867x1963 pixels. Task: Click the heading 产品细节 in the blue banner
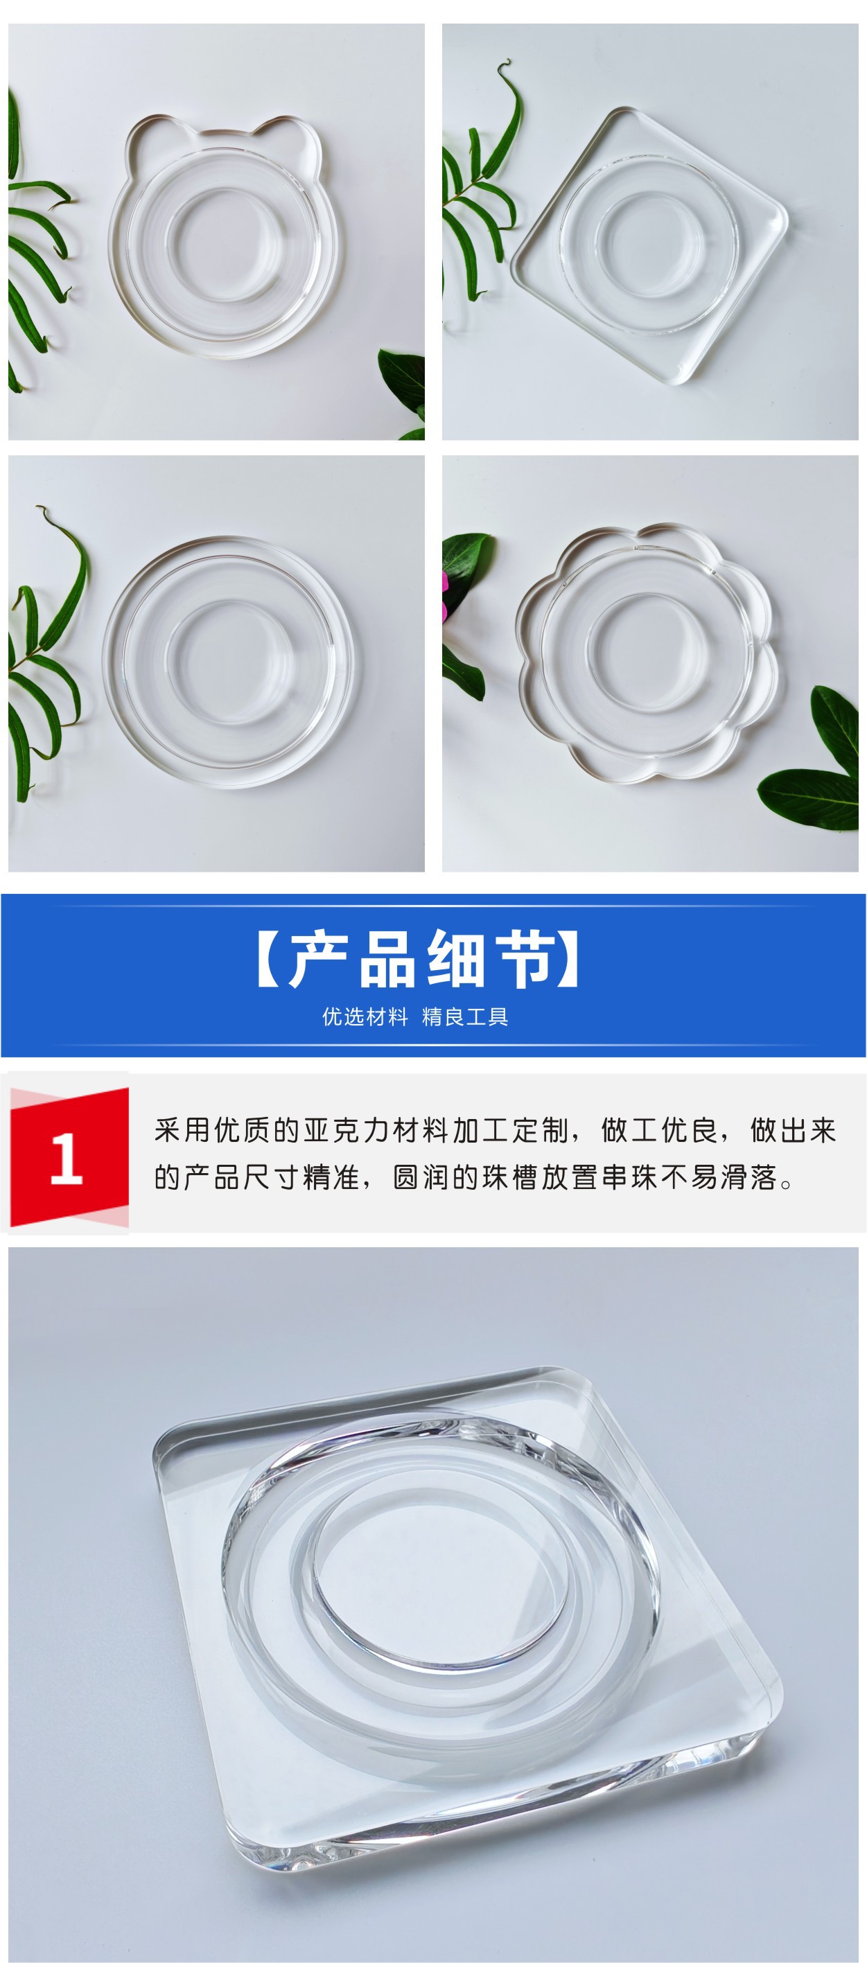(419, 959)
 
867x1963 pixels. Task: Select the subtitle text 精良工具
(465, 1016)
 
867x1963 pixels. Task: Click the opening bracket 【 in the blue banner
(268, 959)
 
